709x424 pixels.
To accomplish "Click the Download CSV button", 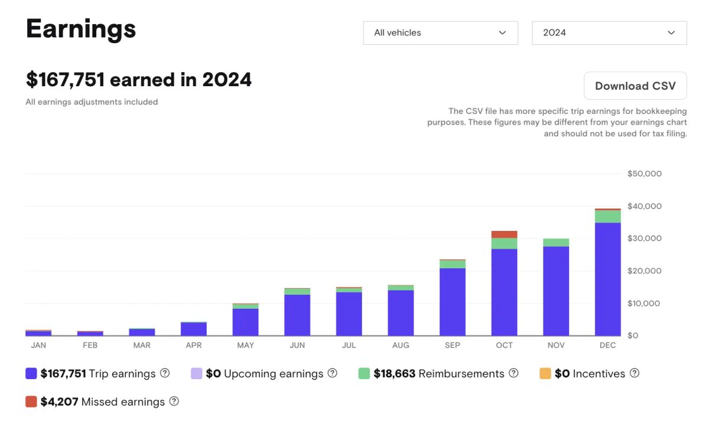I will pos(635,86).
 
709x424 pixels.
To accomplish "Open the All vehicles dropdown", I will pos(440,33).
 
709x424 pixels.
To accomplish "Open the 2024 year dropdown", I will pos(609,33).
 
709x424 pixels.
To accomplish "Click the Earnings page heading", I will pos(81,29).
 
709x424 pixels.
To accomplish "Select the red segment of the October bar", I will pos(504,234).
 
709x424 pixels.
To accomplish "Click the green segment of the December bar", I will pos(607,216).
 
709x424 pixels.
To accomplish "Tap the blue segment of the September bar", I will pos(453,302).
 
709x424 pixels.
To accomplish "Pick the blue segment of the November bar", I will pos(556,291).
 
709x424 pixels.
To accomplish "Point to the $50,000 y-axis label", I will pos(644,174).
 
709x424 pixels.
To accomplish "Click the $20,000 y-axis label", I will pos(644,271).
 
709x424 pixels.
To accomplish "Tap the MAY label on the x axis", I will pos(245,345).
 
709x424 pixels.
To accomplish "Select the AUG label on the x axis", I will pos(401,345).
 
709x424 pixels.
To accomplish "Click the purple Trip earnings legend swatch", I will pos(31,374).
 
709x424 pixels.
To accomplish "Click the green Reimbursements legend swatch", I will pos(364,374).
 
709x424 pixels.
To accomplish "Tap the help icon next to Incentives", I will pos(635,373).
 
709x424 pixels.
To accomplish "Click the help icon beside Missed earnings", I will pos(174,402).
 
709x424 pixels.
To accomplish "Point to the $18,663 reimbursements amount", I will pos(394,374).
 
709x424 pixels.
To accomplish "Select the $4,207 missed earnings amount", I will pos(59,402).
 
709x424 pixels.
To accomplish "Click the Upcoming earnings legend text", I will pos(274,374).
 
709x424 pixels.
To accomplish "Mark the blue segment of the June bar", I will pos(297,315).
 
